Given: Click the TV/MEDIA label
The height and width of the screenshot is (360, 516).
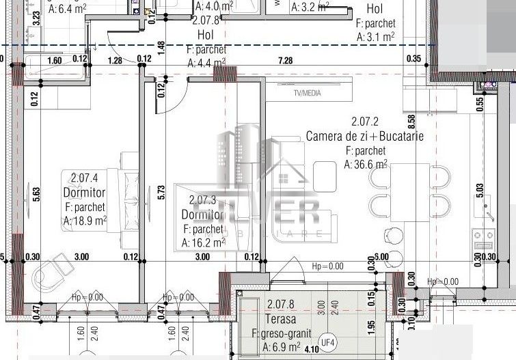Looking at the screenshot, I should (307, 94).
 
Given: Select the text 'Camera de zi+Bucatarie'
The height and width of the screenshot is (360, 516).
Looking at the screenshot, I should (364, 136).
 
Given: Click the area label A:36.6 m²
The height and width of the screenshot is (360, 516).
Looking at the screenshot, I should (366, 164).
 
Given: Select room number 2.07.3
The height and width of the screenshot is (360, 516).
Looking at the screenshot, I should (202, 200).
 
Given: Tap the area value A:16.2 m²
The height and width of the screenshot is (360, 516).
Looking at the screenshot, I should (204, 242).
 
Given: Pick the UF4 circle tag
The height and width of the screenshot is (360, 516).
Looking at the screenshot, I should (329, 341).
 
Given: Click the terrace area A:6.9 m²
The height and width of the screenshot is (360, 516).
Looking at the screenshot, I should (282, 348).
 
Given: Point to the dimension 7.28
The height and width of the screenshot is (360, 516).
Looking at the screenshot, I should (285, 60).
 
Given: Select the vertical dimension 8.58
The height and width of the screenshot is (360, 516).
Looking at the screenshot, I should (411, 122).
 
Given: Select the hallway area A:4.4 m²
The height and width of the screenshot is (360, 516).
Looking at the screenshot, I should (206, 63).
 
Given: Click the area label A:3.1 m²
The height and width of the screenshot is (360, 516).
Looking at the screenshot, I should (376, 37).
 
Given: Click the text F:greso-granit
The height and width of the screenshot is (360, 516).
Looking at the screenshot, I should (282, 333).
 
